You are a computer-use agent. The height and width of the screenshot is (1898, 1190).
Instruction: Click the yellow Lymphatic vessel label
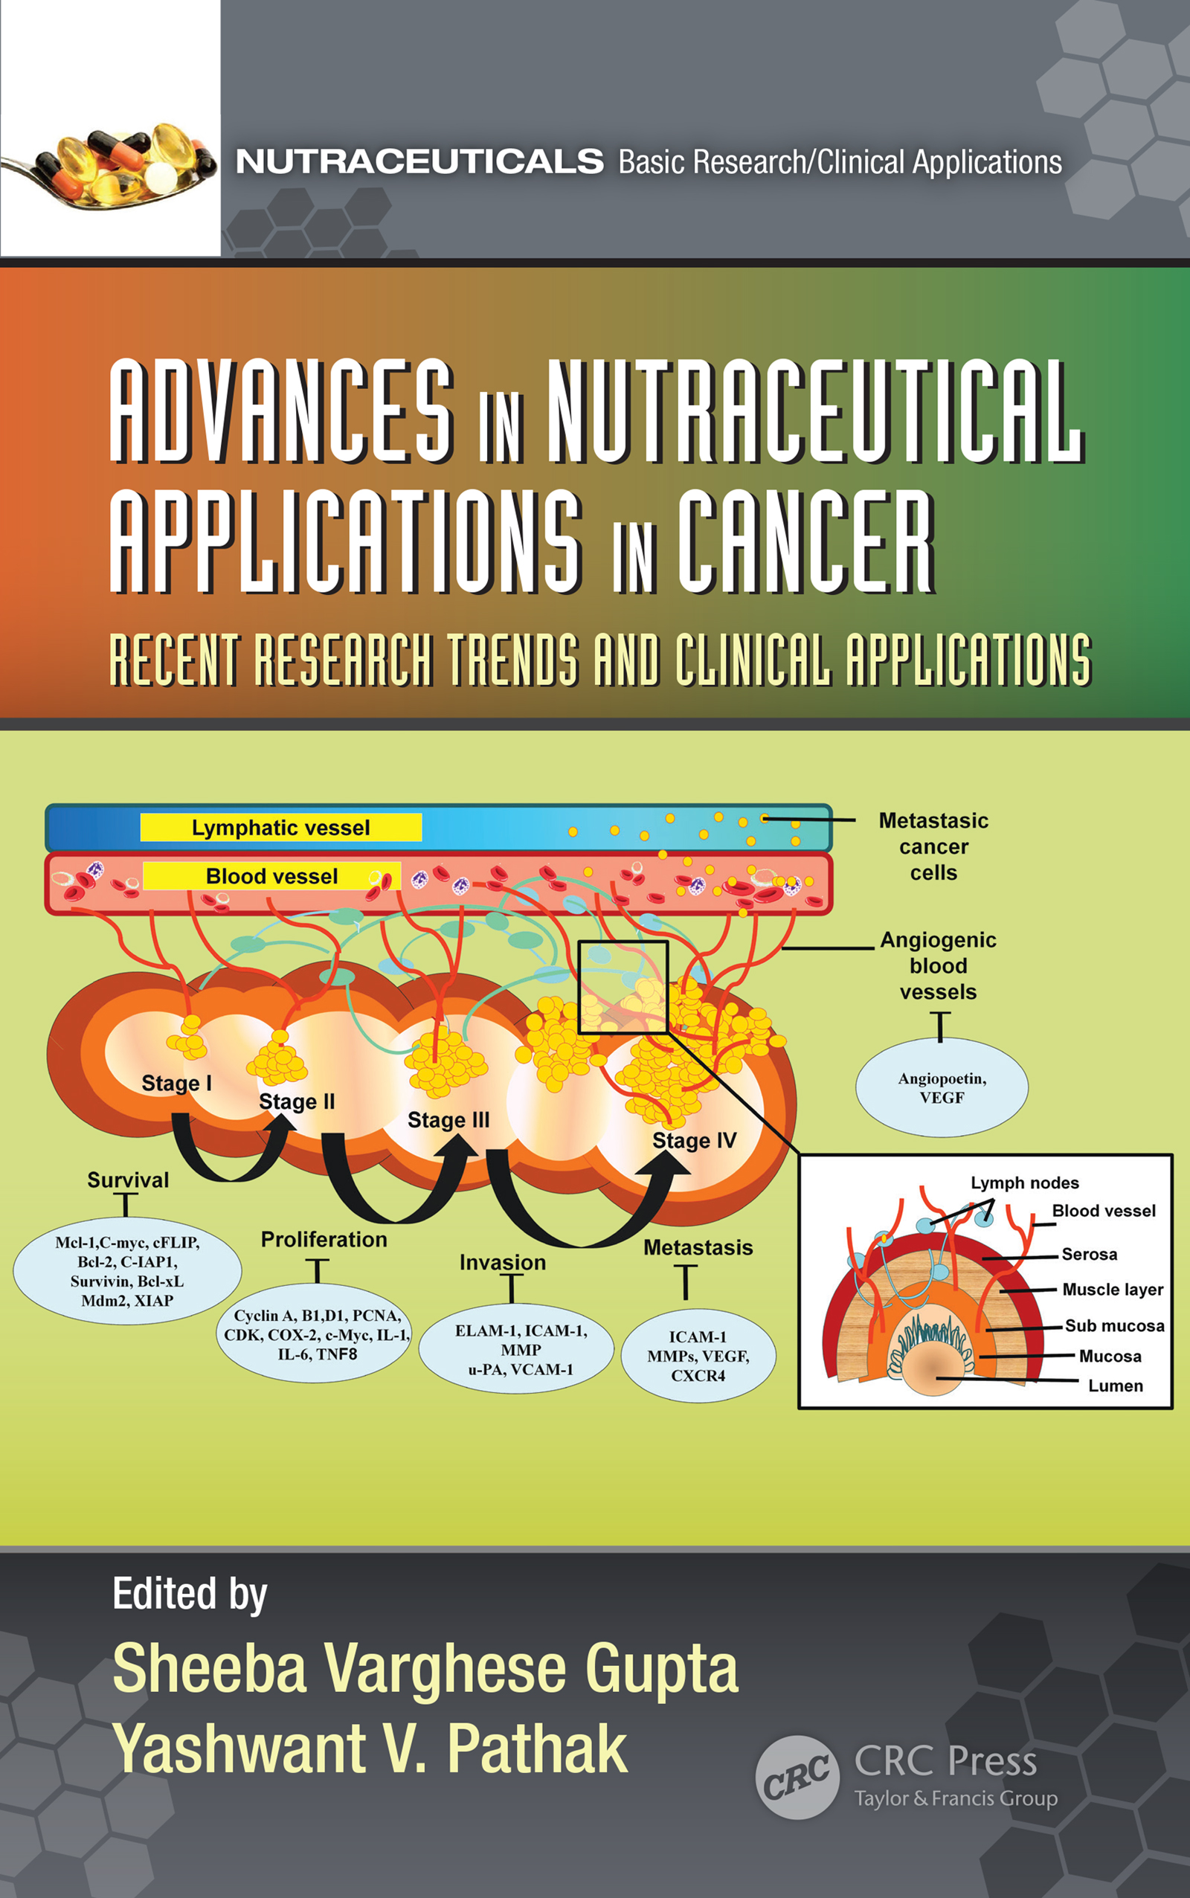pyautogui.click(x=281, y=827)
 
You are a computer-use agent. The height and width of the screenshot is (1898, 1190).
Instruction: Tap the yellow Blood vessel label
pyautogui.click(x=271, y=876)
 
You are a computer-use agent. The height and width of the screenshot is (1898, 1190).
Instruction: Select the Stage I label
pyautogui.click(x=176, y=1083)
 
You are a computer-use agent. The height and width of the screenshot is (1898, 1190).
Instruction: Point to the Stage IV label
pyautogui.click(x=694, y=1140)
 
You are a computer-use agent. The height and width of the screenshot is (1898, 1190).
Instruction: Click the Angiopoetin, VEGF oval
pyautogui.click(x=942, y=1087)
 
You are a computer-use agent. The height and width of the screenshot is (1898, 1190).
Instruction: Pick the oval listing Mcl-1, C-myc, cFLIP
pyautogui.click(x=126, y=1271)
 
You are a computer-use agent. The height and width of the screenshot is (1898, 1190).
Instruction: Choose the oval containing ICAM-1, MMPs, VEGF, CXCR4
pyautogui.click(x=698, y=1356)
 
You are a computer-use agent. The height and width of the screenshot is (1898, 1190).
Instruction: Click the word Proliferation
pyautogui.click(x=324, y=1239)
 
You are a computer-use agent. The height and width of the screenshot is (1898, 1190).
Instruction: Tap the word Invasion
pyautogui.click(x=502, y=1262)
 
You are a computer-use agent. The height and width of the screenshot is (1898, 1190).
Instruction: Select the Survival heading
pyautogui.click(x=127, y=1180)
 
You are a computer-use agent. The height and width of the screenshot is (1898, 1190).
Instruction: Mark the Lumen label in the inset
pyautogui.click(x=1115, y=1385)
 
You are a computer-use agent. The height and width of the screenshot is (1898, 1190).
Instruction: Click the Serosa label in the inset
pyautogui.click(x=1090, y=1253)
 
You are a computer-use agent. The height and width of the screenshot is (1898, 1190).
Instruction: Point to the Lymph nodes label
pyautogui.click(x=1024, y=1183)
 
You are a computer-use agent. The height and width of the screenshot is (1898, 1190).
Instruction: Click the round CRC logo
pyautogui.click(x=797, y=1777)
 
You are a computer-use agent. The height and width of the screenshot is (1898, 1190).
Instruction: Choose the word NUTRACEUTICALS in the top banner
pyautogui.click(x=419, y=161)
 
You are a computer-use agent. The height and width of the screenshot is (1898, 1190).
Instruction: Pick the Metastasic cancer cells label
pyautogui.click(x=933, y=846)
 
